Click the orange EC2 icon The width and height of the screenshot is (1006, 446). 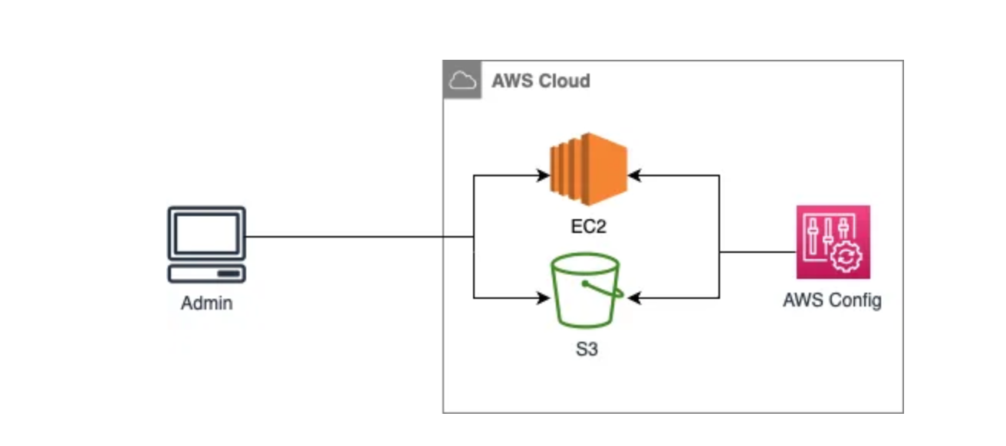(589, 169)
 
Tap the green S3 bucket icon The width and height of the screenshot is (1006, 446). (584, 291)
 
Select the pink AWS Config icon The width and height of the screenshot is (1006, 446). (833, 241)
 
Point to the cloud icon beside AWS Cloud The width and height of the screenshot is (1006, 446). (462, 80)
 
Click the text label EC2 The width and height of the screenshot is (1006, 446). (588, 228)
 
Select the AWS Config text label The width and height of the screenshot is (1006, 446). (832, 300)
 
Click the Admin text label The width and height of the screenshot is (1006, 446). (206, 303)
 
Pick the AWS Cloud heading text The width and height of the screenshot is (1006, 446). (541, 80)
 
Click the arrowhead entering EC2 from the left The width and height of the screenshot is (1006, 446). (544, 175)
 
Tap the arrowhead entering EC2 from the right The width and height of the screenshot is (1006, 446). (634, 175)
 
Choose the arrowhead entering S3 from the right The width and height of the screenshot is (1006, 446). (633, 297)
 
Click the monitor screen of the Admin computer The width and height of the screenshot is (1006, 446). (206, 234)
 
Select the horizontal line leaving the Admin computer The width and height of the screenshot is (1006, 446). (345, 237)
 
